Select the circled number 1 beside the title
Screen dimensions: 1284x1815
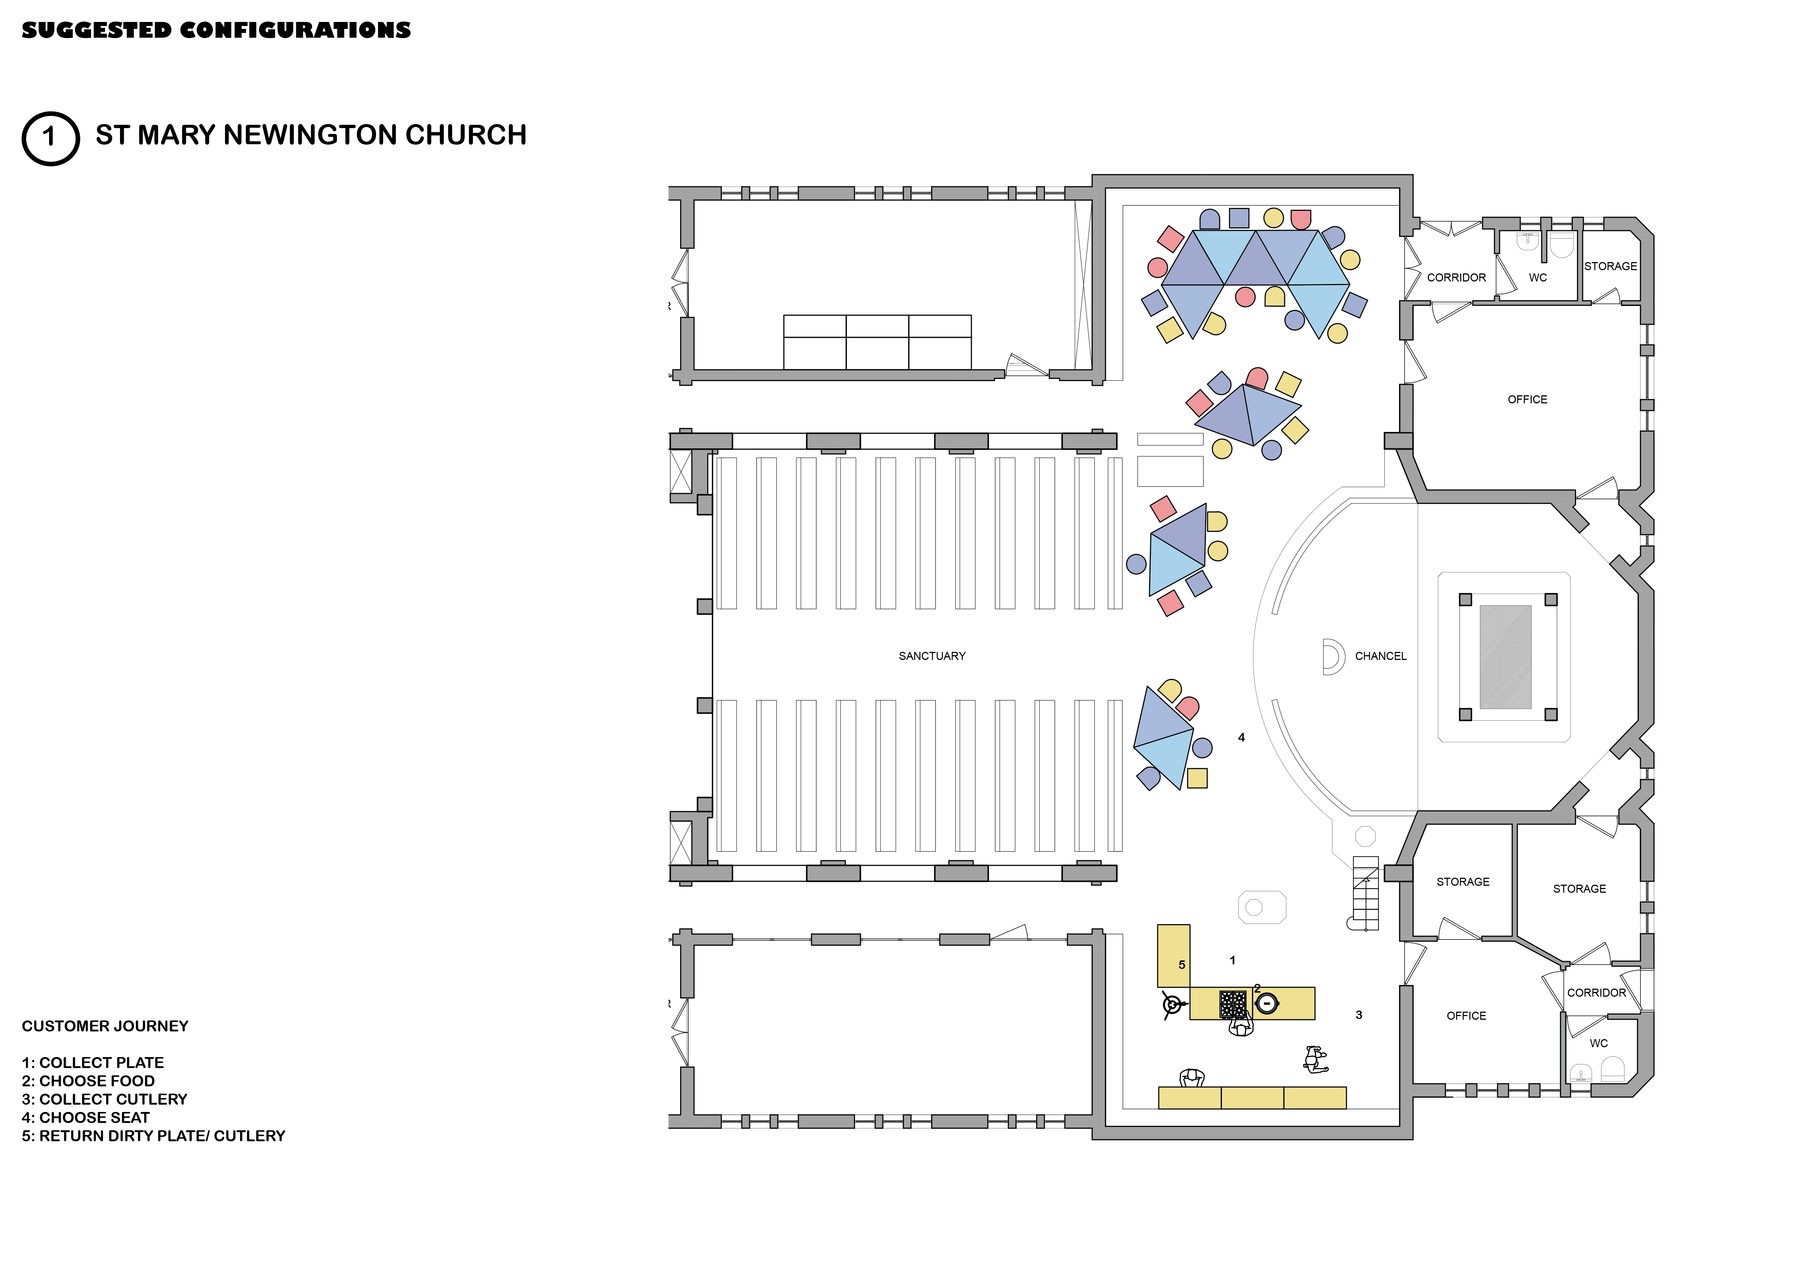pos(50,138)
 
